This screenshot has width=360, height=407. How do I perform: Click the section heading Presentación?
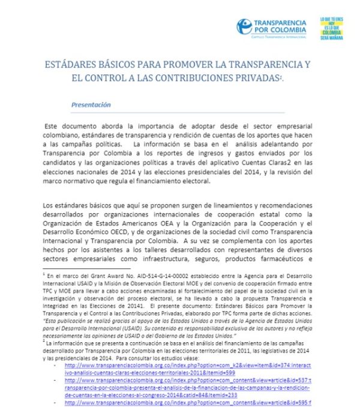point(91,104)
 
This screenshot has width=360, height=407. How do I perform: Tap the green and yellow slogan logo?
point(333,26)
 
